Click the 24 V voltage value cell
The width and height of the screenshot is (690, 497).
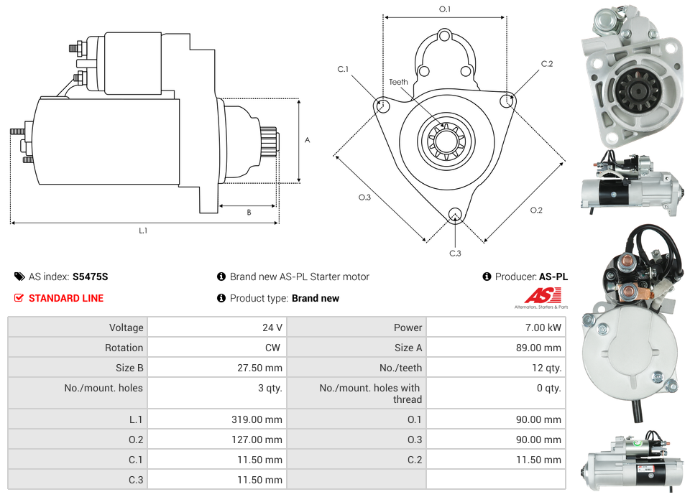point(272,328)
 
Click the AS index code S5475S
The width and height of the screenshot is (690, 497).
point(90,277)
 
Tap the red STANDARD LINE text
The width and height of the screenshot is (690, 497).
point(65,298)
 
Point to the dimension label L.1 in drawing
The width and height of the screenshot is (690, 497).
point(143,231)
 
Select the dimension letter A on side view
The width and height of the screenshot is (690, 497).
point(308,140)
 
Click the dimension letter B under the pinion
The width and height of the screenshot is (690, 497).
point(249,213)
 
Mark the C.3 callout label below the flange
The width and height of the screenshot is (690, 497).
point(455,253)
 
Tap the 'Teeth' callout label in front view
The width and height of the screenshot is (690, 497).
point(398,82)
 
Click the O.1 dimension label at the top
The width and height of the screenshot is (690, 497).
point(445,9)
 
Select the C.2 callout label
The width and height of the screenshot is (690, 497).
point(547,64)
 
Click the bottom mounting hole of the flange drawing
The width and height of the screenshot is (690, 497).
point(454,214)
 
